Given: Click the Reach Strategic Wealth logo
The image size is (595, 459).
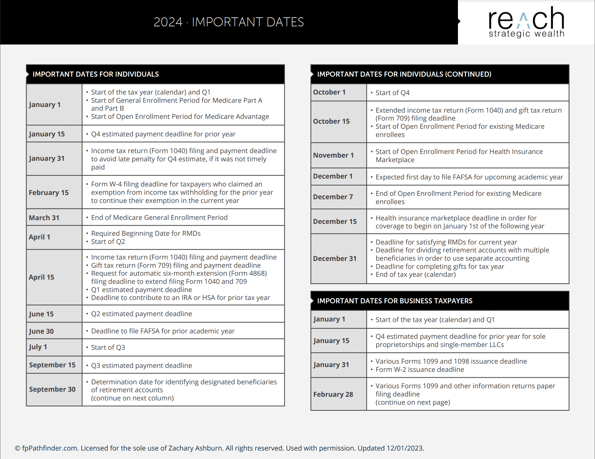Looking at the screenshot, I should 526,22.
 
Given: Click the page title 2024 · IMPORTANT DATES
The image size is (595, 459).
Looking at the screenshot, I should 228,22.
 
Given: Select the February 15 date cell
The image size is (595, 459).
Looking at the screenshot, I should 49,192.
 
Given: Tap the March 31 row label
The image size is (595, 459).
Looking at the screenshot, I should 44,218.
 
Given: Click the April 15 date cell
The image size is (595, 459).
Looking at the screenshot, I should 41,277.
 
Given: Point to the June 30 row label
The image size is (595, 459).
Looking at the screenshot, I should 41,331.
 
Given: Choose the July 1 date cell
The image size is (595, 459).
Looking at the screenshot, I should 38,347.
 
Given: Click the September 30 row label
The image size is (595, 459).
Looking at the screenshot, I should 52,389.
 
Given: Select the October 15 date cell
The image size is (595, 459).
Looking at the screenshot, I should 331,121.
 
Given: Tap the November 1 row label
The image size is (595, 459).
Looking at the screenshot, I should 333,155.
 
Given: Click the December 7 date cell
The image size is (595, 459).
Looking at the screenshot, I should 333,197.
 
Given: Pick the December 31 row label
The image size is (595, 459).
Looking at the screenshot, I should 335,259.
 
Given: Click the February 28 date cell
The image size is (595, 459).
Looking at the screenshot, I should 333,394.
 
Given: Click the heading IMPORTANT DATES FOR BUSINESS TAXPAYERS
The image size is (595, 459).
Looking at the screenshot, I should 395,301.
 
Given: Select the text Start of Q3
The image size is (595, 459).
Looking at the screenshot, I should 108,348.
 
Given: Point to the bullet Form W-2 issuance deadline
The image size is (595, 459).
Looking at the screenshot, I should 420,370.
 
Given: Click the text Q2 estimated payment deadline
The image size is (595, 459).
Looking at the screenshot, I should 141,314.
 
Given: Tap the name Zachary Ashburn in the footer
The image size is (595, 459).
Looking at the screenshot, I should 195,448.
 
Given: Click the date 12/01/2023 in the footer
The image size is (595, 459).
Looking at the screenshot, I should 404,448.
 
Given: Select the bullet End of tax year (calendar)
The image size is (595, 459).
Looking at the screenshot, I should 415,274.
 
